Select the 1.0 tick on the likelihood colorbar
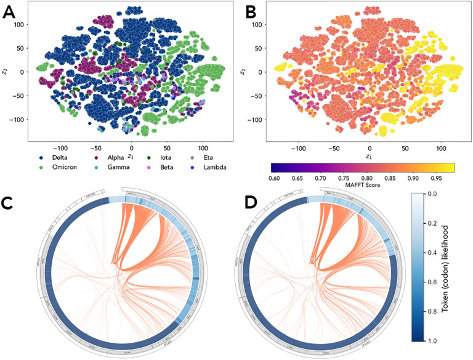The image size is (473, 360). pos(439,340)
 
